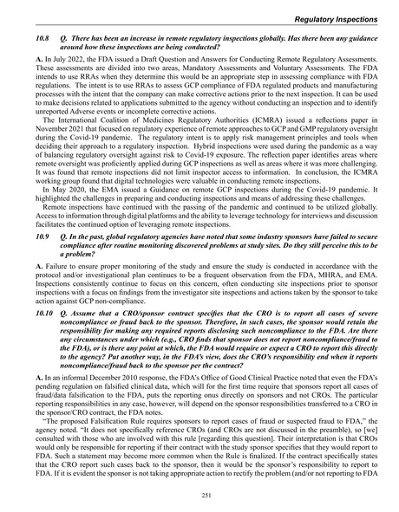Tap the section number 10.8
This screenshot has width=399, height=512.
(36, 41)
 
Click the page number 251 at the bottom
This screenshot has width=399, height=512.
(199, 495)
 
